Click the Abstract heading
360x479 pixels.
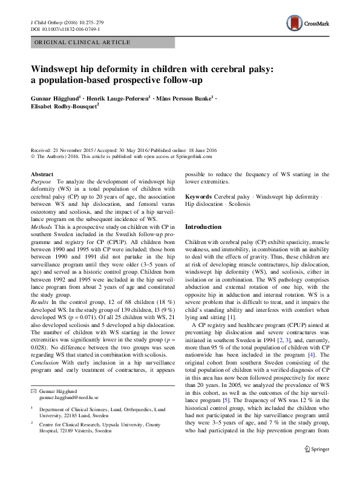pos(42,174)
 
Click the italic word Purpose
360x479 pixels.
pos(41,182)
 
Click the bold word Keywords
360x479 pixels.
pos(198,197)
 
